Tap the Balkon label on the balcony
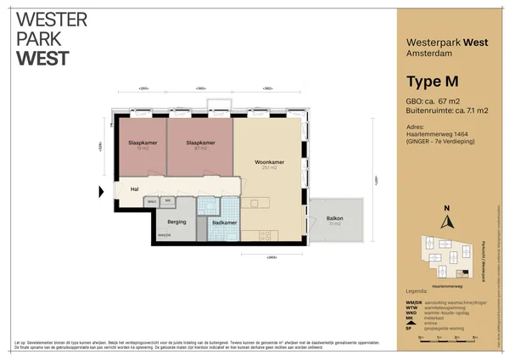click(x=334, y=219)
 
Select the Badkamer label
click(x=225, y=222)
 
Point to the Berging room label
click(x=176, y=222)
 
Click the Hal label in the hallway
click(x=134, y=189)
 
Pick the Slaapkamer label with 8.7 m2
click(x=199, y=143)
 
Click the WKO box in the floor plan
click(x=152, y=201)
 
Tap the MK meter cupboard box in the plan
click(x=168, y=201)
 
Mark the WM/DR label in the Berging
click(x=165, y=234)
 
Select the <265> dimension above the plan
click(x=144, y=88)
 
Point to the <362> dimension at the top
click(x=267, y=88)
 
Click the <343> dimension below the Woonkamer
click(x=271, y=256)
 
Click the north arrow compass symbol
click(x=447, y=218)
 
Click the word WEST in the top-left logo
click(x=42, y=59)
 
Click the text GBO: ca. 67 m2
click(x=430, y=101)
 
